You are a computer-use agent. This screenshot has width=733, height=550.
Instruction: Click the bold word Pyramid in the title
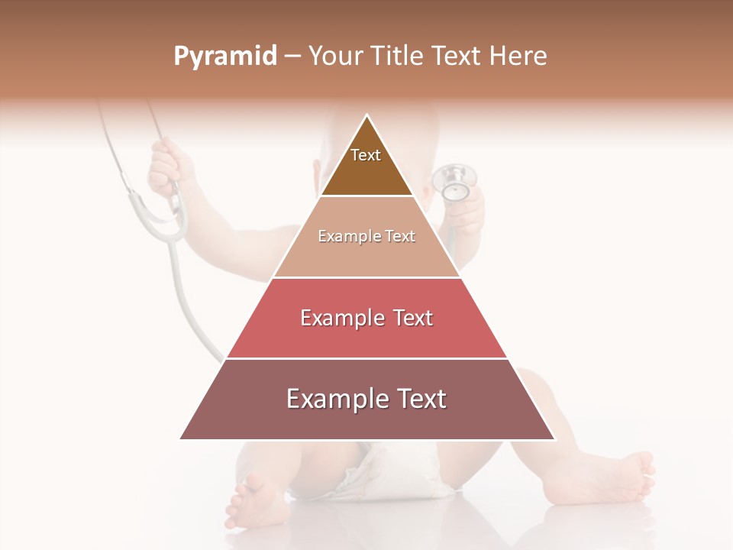tap(225, 57)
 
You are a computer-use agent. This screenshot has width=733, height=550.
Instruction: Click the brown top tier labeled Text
tap(366, 164)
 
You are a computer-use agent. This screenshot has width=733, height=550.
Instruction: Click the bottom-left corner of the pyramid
tap(182, 438)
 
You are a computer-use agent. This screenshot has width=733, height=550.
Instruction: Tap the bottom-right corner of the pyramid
tap(554, 438)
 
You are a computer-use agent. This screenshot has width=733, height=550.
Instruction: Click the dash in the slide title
tap(292, 57)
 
